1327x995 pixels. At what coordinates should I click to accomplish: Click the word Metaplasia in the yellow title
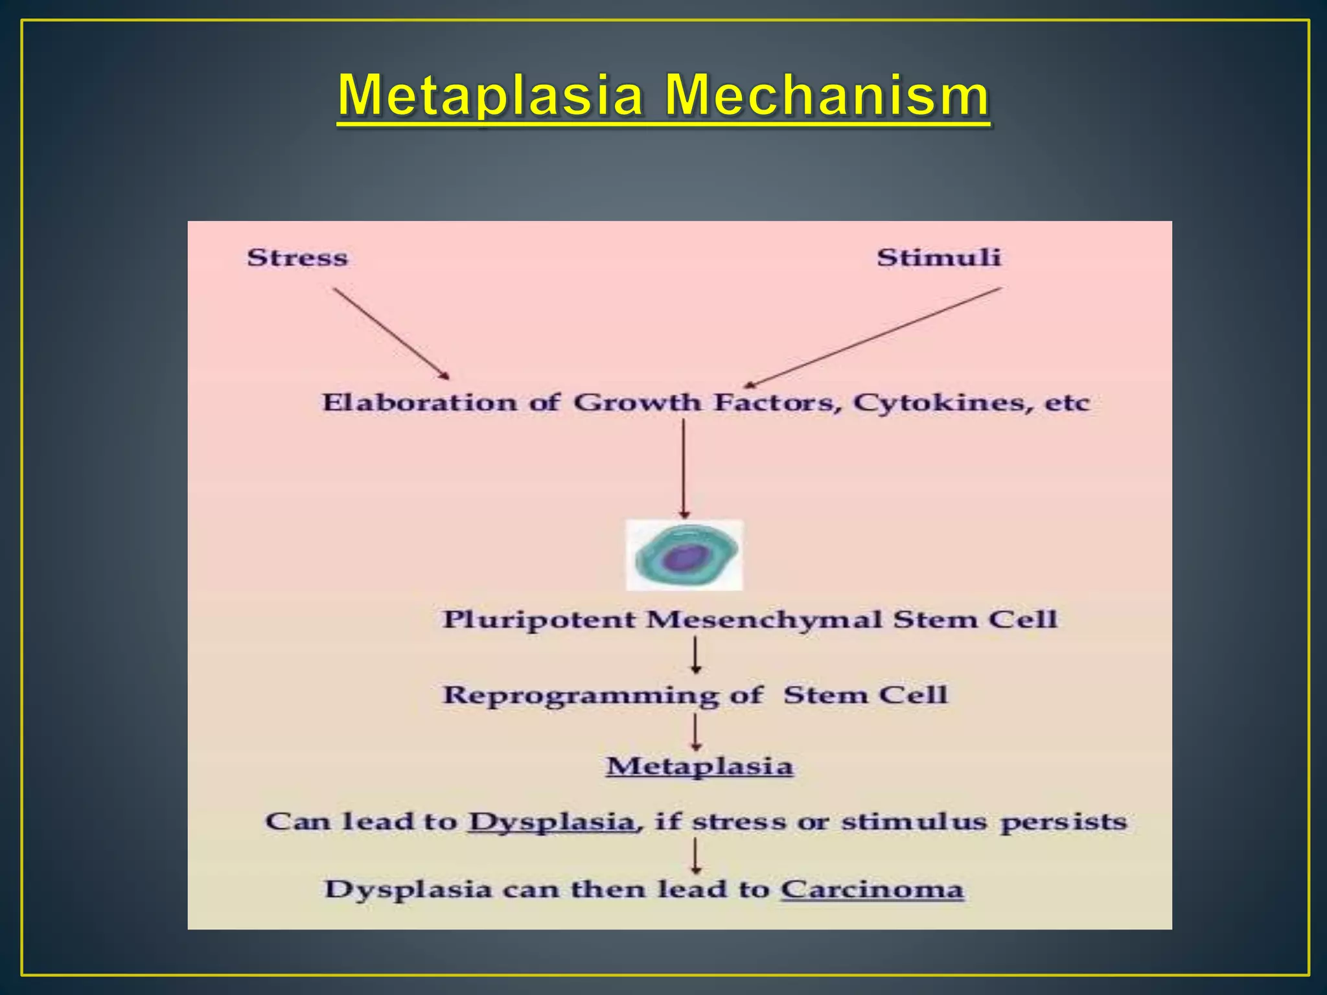coord(490,96)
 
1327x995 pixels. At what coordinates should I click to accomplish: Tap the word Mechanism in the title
coord(827,96)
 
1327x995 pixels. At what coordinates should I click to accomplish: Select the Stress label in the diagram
coord(297,258)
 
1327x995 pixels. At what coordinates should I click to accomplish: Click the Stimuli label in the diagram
coord(939,258)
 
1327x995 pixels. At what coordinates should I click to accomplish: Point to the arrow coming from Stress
coord(391,334)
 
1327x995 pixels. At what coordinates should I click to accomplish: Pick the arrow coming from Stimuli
coord(872,337)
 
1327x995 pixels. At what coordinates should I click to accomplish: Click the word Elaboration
coord(419,403)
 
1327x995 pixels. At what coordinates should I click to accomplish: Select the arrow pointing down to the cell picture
coord(684,468)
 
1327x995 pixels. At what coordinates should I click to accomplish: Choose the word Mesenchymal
coord(765,620)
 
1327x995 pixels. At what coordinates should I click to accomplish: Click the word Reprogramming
coord(581,696)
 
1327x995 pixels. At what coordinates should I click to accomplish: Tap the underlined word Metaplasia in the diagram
coord(700,767)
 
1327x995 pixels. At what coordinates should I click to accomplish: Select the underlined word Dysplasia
coord(551,822)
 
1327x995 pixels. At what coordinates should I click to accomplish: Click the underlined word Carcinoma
coord(872,889)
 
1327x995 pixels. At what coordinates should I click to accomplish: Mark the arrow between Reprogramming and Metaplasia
coord(696,732)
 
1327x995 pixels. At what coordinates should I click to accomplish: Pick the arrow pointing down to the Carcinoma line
coord(696,856)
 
